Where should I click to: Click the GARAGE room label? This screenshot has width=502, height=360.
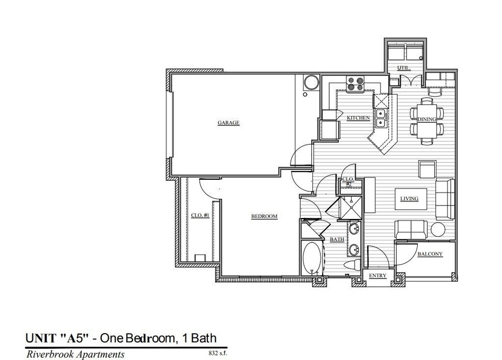(229, 123)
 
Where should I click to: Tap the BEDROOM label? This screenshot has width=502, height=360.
(264, 216)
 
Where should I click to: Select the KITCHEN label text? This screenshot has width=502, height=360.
(358, 118)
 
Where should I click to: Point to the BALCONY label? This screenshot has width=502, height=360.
(430, 254)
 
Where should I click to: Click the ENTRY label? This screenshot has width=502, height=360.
(377, 276)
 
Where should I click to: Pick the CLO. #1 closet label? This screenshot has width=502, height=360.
(200, 215)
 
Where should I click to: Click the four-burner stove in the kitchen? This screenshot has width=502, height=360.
(355, 84)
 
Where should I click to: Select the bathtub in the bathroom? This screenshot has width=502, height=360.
(312, 258)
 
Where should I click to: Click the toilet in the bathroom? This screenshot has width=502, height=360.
(352, 265)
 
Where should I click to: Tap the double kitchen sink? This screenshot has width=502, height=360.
(381, 118)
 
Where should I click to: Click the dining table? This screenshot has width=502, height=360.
(427, 120)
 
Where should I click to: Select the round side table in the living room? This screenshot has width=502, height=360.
(438, 229)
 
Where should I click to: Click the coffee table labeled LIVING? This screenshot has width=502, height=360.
(411, 199)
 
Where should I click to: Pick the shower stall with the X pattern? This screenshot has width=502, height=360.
(350, 208)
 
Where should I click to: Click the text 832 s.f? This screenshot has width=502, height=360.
(218, 353)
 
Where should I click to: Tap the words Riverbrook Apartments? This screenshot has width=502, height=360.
(75, 354)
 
